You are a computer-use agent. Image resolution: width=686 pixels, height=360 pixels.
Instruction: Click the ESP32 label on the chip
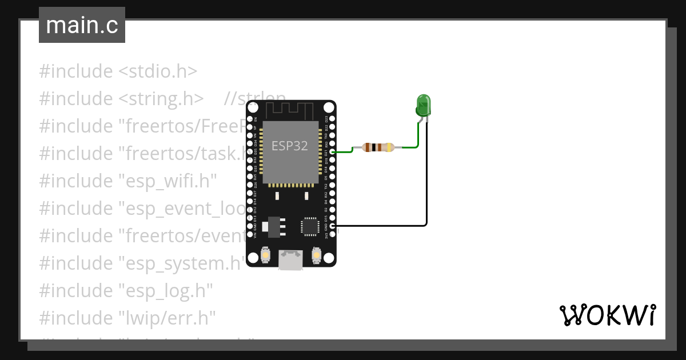tap(289, 146)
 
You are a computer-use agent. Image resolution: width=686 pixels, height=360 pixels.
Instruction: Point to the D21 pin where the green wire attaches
tap(332, 152)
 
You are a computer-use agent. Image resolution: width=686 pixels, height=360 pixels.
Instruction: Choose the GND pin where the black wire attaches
tap(332, 226)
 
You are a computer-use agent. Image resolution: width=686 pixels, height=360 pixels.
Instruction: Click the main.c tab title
tap(82, 25)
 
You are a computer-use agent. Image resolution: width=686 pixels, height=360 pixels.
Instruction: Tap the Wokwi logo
tap(607, 315)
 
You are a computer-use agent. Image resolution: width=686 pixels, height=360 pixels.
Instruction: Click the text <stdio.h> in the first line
tap(158, 71)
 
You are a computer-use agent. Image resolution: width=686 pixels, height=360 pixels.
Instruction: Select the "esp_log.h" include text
tap(165, 290)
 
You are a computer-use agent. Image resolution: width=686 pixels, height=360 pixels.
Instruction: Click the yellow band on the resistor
tap(389, 147)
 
